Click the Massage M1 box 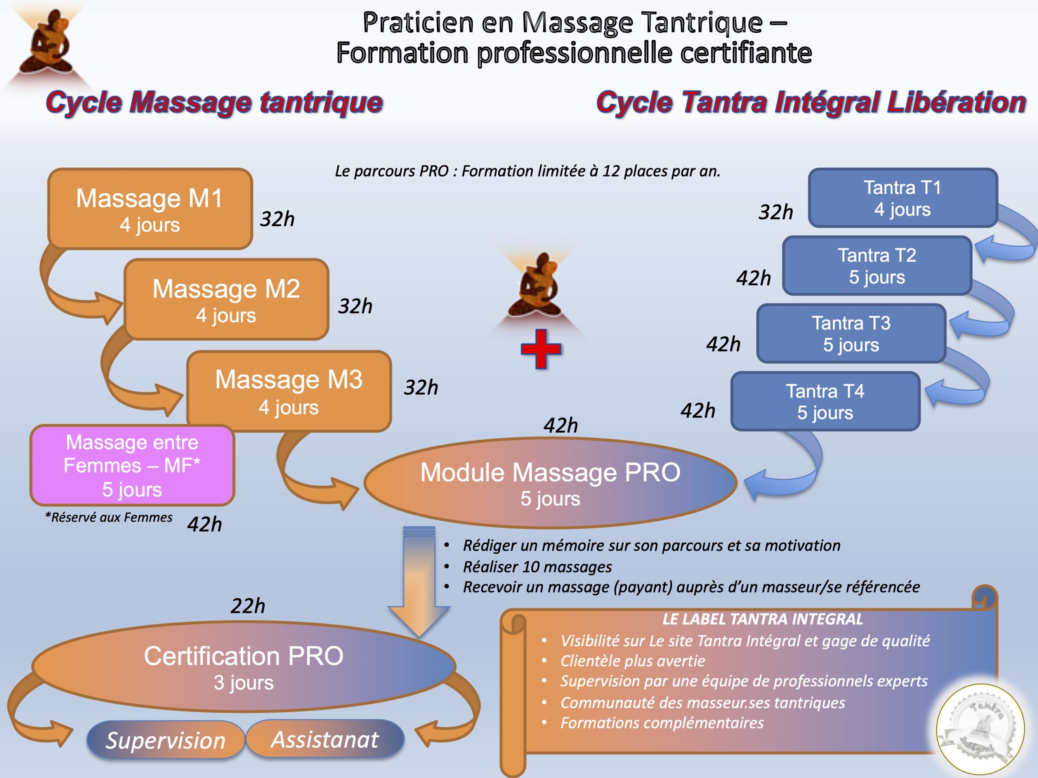coord(150,209)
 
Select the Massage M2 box coord(226,299)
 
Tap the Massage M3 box coord(289,391)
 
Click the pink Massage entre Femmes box coord(132,465)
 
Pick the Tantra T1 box coord(903,198)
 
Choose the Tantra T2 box coord(877,266)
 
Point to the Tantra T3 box coord(851,333)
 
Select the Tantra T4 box coord(825,402)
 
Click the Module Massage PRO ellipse coord(550,483)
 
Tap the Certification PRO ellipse coord(244,667)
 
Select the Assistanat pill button coord(325,739)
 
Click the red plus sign coord(540,349)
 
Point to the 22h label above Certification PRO coord(248,606)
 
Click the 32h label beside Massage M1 coord(277,219)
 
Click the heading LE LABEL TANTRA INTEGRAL coord(762,619)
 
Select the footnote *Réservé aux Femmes coord(108,517)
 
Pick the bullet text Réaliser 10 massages coord(537,567)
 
